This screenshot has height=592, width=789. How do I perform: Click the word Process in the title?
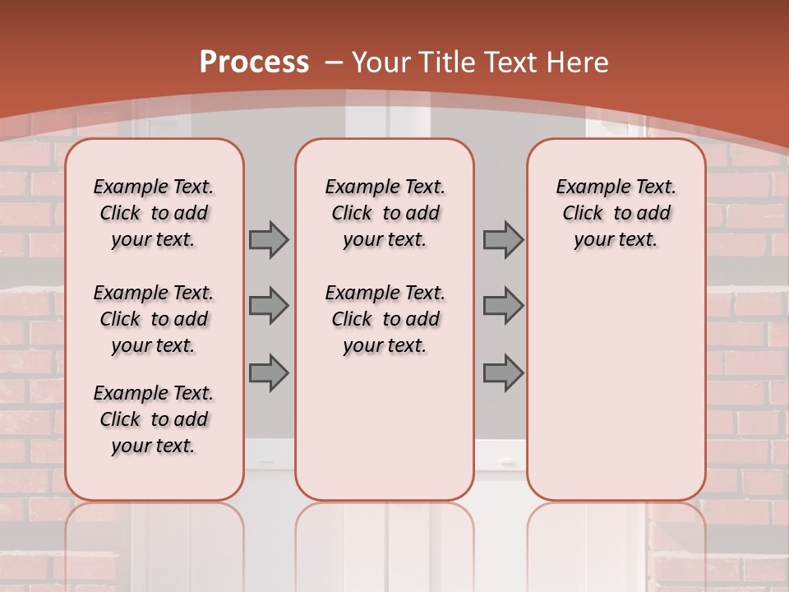point(254,62)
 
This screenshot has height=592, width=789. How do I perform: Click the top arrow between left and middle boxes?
point(269,240)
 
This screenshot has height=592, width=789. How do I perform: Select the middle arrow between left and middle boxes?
point(269,307)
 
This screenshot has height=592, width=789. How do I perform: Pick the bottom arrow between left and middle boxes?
point(269,372)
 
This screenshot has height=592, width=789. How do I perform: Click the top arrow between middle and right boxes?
point(503,240)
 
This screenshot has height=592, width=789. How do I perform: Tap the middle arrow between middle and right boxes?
point(503,307)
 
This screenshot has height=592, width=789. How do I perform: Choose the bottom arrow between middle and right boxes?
point(503,372)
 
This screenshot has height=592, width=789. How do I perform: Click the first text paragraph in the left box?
point(154,213)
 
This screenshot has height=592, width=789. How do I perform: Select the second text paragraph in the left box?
point(154,319)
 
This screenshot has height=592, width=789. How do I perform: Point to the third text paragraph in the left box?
point(154,419)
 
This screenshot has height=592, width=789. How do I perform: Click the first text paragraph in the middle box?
point(385,213)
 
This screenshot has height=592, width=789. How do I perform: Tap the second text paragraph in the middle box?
point(385,319)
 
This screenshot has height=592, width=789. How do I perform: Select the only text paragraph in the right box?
point(616,213)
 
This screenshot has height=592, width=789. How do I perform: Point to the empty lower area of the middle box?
point(385,428)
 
